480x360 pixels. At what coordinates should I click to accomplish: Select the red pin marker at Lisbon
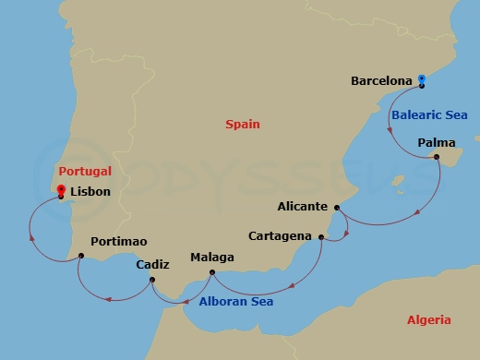(60, 191)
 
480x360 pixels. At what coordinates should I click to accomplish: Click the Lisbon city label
(90, 192)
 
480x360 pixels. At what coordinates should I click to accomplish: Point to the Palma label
(436, 142)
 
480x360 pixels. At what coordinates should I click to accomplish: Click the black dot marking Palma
(437, 157)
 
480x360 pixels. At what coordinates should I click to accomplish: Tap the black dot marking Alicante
(337, 208)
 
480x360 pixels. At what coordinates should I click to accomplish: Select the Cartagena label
(282, 236)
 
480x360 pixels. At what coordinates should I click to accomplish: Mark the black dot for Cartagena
(321, 237)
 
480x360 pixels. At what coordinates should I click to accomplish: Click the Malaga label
(212, 258)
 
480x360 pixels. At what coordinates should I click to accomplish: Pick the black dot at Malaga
(212, 271)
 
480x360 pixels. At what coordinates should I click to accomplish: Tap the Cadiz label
(152, 264)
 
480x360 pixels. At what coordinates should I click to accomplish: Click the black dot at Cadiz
(152, 278)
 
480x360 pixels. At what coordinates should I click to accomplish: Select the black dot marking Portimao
(81, 255)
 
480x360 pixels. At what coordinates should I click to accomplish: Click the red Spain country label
(243, 124)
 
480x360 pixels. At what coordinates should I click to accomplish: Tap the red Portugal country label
(85, 171)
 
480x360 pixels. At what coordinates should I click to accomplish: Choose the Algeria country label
(429, 320)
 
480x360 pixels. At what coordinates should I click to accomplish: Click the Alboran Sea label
(235, 301)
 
